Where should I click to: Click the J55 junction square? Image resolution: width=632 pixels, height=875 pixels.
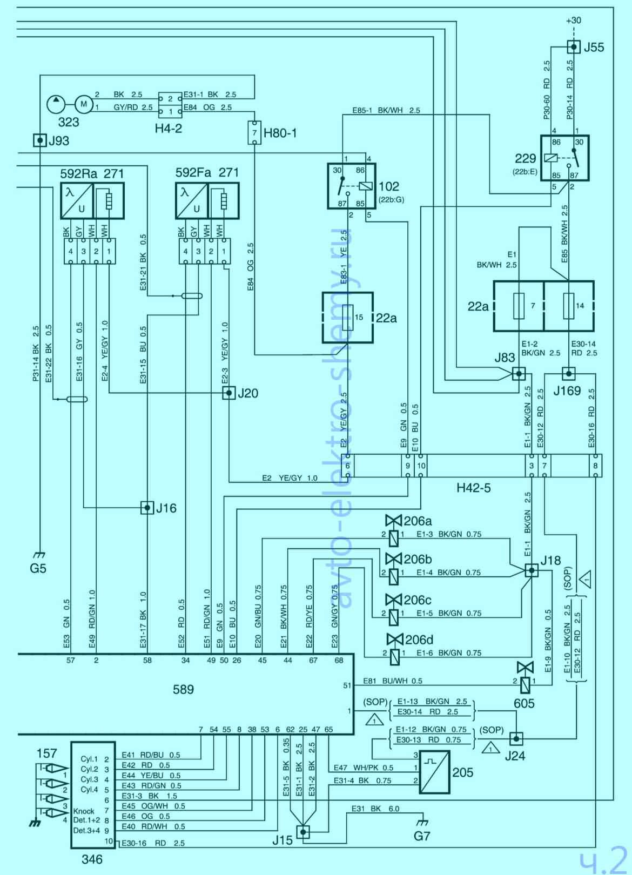pyautogui.click(x=574, y=47)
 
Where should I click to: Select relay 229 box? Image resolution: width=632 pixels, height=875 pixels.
pyautogui.click(x=564, y=158)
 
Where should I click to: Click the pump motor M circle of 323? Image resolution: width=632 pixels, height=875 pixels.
pyautogui.click(x=83, y=103)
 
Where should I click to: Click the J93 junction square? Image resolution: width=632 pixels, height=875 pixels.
pyautogui.click(x=39, y=140)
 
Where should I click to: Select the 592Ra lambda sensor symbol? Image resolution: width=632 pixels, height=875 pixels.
pyautogui.click(x=77, y=200)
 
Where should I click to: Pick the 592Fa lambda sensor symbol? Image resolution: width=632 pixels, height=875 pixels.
pyautogui.click(x=192, y=200)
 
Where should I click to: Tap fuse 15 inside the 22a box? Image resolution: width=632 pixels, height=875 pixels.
pyautogui.click(x=348, y=317)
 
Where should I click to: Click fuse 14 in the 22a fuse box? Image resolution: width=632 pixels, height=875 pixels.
pyautogui.click(x=568, y=306)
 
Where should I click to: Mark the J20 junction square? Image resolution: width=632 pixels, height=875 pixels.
pyautogui.click(x=229, y=393)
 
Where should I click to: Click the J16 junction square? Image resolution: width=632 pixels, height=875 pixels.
pyautogui.click(x=147, y=508)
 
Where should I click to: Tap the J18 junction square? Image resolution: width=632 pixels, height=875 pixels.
pyautogui.click(x=532, y=570)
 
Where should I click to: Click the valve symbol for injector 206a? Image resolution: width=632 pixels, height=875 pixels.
pyautogui.click(x=394, y=521)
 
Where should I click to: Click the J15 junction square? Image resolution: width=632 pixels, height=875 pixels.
pyautogui.click(x=304, y=831)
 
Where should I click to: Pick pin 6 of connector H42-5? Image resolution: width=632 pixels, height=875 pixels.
pyautogui.click(x=348, y=466)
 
